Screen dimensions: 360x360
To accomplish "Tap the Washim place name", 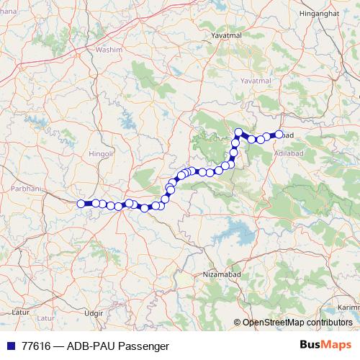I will point(109,51).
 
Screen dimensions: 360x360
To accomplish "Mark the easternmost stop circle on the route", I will point(279,134).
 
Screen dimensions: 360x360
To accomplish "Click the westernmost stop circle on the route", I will point(81,204).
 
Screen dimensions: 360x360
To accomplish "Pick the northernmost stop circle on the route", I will point(238,132).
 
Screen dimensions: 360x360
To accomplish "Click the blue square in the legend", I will point(9,346).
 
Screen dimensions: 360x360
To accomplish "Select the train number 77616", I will point(35,346).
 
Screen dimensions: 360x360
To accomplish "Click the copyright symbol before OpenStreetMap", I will point(237,323).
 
